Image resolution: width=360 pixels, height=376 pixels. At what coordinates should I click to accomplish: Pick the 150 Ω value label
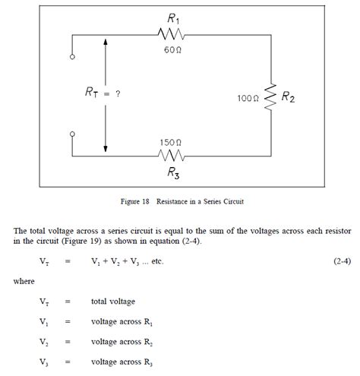(x=171, y=142)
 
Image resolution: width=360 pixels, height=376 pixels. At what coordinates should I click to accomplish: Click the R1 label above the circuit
(x=173, y=14)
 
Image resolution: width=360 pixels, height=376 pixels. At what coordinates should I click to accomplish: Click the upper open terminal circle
(x=72, y=56)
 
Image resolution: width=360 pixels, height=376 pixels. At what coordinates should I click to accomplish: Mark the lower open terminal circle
(x=72, y=134)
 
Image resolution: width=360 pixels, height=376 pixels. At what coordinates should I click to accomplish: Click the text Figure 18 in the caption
(x=136, y=203)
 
